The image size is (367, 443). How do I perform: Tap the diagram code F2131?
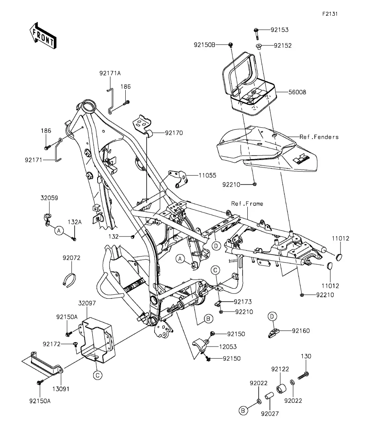tap(330, 14)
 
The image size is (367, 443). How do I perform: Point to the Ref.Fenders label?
tap(319, 137)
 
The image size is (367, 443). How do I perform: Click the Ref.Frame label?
tap(247, 204)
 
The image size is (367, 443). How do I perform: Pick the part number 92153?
tap(279, 30)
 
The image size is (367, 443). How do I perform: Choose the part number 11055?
tap(207, 176)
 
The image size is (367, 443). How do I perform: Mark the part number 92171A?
tap(110, 73)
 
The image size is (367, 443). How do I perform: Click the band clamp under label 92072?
tap(71, 278)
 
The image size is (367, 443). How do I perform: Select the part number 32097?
tap(87, 303)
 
